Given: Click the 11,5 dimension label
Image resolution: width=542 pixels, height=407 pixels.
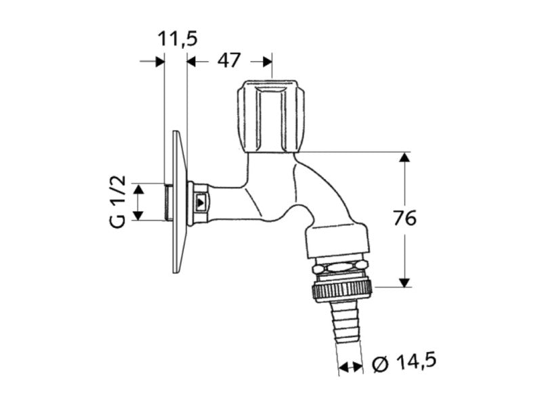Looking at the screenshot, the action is coord(178,39).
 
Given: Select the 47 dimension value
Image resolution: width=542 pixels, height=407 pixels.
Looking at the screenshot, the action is coord(228,60).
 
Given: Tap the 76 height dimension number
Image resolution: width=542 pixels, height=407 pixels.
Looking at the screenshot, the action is coord(404,218).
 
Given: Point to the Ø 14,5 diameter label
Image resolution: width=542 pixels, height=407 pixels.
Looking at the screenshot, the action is coord(404,362).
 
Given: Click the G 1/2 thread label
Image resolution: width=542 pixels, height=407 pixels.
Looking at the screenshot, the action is coord(118,201).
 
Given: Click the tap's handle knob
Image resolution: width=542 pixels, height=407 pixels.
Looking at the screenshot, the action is coord(272,116).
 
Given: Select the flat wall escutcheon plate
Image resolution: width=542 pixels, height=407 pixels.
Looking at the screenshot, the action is coord(180,201).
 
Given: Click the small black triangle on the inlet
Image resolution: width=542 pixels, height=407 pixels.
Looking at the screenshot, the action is coord(200,201).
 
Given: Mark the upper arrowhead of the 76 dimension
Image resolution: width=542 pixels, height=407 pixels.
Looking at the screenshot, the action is coord(404,157).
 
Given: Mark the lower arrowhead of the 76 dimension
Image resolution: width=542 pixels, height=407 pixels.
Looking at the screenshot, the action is coord(404,282).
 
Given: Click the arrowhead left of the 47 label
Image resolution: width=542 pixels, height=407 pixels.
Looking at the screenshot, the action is coord(192,62).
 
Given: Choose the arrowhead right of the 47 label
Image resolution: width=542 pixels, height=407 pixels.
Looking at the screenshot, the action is coord(268,62).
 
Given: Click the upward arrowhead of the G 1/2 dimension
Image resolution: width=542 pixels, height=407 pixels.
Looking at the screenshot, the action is coord(138,189).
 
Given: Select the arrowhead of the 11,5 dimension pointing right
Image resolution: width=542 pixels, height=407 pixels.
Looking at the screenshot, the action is coord(159,62).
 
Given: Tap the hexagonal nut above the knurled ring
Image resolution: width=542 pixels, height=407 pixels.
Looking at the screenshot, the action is coord(341,267).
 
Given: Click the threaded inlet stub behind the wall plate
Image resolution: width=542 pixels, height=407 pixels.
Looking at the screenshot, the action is coord(168,202).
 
